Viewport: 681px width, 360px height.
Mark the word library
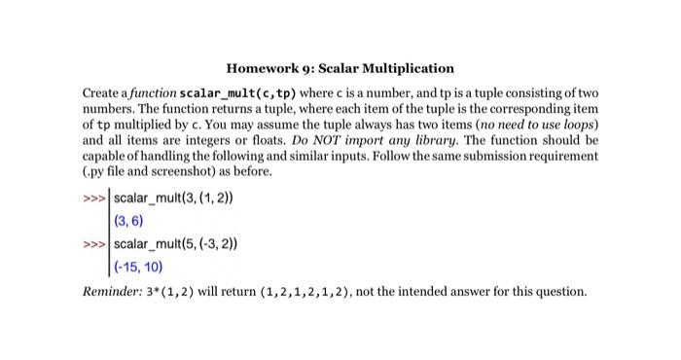[404, 141]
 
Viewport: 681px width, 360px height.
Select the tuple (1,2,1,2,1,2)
[313, 292]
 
